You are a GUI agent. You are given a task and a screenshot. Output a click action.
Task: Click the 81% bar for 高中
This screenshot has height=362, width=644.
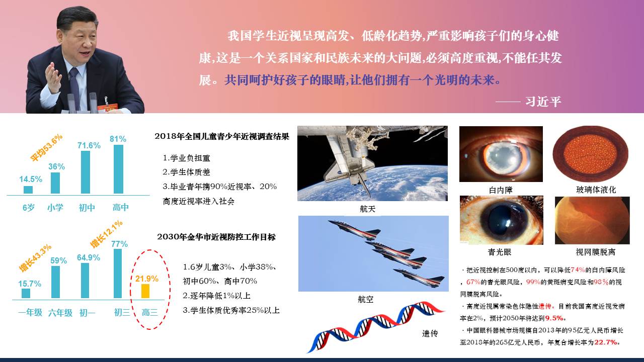pos(118,169)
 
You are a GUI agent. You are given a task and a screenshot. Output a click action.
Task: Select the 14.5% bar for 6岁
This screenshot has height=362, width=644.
pos(28,190)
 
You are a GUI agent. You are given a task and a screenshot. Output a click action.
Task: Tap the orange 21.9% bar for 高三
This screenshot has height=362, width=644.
pos(145,291)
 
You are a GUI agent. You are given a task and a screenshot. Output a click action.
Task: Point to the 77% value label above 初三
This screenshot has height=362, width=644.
pos(119,244)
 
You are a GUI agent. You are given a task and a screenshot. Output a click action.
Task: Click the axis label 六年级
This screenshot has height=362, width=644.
pos(60,313)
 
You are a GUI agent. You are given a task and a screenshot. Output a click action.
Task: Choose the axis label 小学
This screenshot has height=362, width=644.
pos(55,208)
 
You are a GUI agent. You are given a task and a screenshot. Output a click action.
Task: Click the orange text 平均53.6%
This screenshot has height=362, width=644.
pos(46,148)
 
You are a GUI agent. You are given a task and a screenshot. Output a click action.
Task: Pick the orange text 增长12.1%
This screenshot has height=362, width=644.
pos(106,234)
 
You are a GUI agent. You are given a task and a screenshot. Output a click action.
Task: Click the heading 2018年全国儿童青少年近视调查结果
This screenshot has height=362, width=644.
pos(222,136)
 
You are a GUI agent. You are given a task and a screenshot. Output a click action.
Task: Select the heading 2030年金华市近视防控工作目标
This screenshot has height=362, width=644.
pos(216,237)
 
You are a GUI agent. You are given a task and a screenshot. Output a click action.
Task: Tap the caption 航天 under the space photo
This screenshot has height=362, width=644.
pos(367,209)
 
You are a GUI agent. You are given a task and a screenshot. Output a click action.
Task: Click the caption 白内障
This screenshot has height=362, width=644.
pos(501,190)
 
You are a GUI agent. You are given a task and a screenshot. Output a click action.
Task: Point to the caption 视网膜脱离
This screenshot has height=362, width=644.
pos(595,252)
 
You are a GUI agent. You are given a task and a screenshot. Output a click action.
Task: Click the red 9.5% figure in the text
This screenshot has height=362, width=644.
pos(554,318)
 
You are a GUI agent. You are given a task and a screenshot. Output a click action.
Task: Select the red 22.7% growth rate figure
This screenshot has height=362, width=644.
pos(606,342)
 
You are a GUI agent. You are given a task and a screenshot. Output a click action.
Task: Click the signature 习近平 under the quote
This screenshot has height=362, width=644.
pos(543,102)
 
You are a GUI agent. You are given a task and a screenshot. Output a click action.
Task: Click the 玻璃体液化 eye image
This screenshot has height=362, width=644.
pos(591,154)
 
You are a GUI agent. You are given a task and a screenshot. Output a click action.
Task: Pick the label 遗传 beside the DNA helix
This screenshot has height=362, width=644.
pos(430,333)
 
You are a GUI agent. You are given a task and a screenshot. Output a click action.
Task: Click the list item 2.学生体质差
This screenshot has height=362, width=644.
pos(186,172)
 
